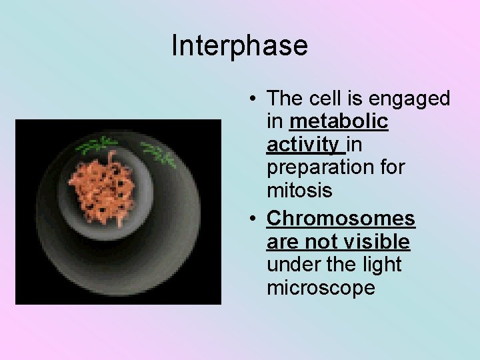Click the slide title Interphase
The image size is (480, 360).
coord(239,46)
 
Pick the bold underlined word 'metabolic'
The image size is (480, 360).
coord(339,122)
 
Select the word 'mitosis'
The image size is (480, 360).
coord(299,191)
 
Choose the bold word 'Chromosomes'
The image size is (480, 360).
coord(341,218)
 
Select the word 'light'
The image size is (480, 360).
coord(383,265)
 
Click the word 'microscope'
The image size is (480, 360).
coord(321,288)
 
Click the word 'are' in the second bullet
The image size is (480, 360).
coord(283,241)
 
